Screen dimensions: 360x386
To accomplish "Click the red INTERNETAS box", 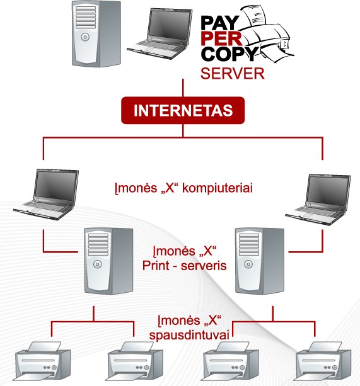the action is (183, 110).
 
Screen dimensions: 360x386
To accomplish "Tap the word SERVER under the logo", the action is (233, 74).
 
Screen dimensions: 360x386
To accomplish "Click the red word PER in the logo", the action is (221, 38).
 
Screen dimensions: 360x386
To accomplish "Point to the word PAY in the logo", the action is (219, 23).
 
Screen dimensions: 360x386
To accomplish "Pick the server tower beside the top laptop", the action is (96, 33).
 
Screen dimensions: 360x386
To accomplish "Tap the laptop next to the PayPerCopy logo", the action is (160, 33).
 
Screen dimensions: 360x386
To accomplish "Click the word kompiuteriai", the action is (218, 188).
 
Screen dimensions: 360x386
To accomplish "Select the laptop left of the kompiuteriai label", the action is (46, 194).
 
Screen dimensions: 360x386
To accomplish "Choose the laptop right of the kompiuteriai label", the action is (318, 199).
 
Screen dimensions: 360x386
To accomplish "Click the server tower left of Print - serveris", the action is (108, 261).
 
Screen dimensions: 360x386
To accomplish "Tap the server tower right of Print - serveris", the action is (260, 261).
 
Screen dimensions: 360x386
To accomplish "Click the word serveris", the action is (204, 266).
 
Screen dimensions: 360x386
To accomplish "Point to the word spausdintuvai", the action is (189, 335).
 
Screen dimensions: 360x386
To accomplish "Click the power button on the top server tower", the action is (85, 37).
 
